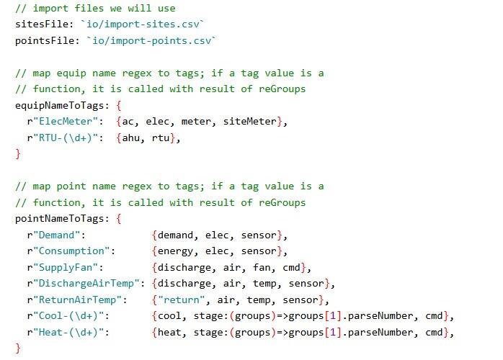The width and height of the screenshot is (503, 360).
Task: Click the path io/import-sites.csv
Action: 134,24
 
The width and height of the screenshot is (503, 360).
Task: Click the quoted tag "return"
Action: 178,300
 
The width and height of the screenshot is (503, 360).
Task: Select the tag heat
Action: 169,332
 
